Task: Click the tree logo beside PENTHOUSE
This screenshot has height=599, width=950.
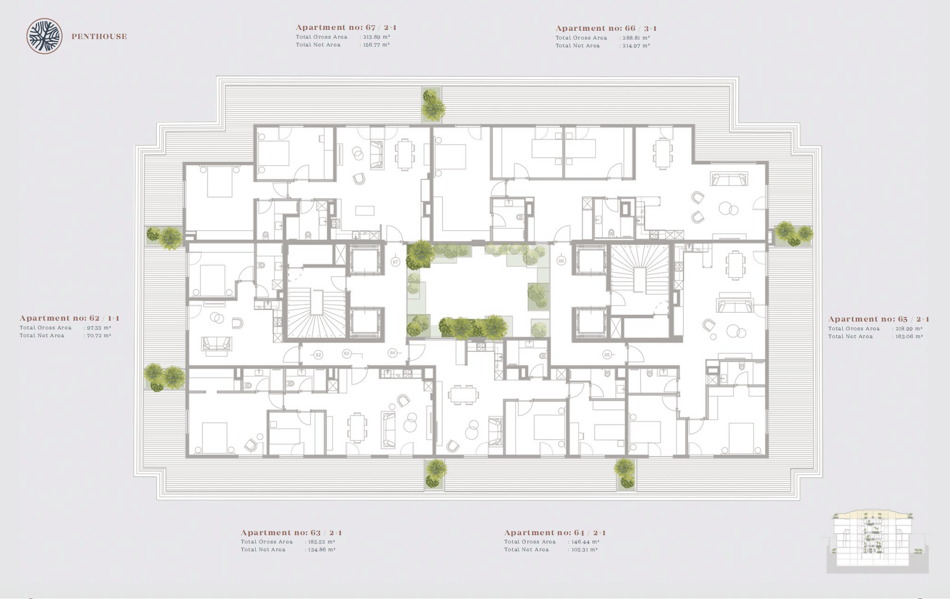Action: click(45, 36)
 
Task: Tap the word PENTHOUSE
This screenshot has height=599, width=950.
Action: click(99, 37)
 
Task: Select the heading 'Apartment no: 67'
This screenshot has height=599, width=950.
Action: click(335, 28)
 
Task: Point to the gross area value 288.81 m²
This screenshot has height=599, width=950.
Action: click(636, 38)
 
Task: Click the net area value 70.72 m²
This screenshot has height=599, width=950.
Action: click(99, 336)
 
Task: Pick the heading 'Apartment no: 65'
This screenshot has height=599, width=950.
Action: click(868, 319)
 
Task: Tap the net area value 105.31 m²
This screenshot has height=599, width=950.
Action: click(585, 550)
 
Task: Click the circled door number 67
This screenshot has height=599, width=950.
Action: click(396, 262)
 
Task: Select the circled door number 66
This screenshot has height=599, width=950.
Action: click(561, 261)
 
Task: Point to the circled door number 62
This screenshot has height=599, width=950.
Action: click(318, 355)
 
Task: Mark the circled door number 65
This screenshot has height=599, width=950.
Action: click(607, 355)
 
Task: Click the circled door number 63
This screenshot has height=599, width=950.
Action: click(347, 353)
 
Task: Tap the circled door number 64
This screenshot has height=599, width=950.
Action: click(392, 353)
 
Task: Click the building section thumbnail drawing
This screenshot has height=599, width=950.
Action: click(877, 541)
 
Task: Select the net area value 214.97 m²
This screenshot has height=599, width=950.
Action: click(636, 46)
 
